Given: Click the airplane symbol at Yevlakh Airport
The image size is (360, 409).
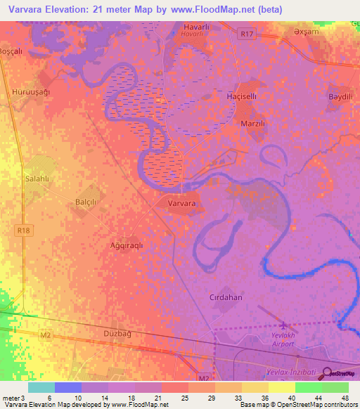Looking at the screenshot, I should pyautogui.click(x=284, y=325).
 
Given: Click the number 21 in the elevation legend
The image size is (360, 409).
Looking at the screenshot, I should pyautogui.click(x=157, y=398).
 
